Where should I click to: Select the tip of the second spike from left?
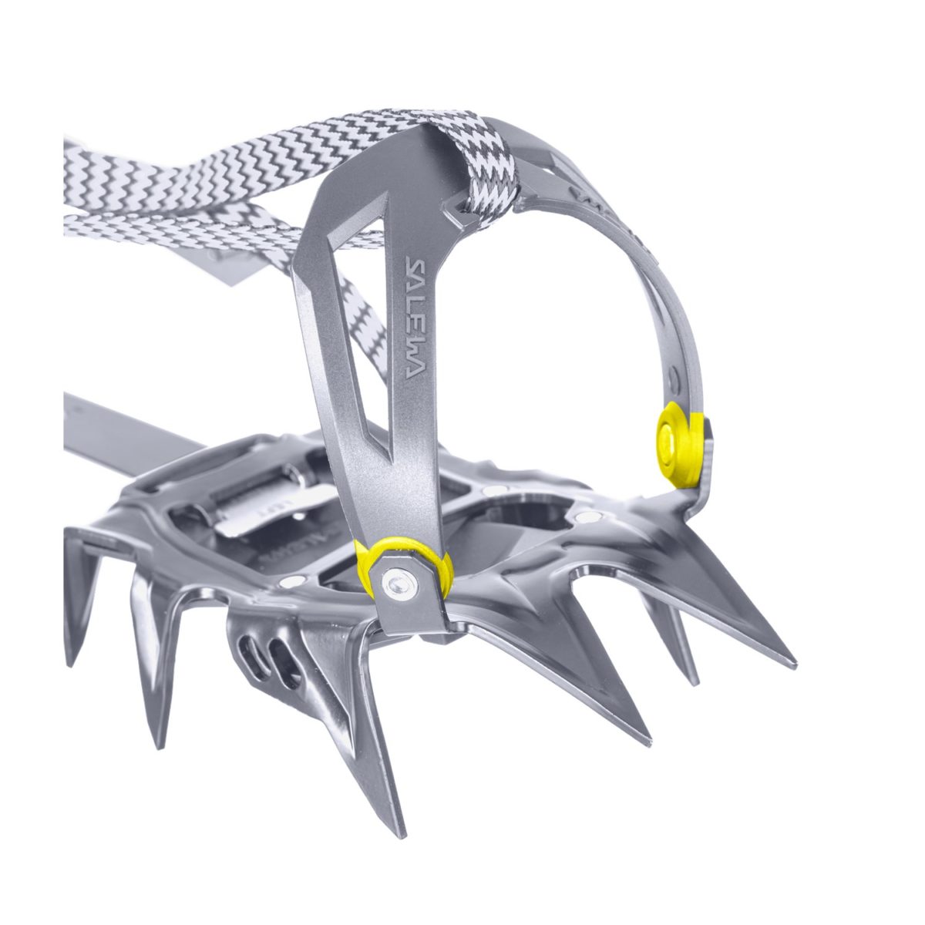pos(158,746)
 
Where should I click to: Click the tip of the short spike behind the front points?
pos(694,682)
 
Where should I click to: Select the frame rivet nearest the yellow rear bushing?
pos(590,516)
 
